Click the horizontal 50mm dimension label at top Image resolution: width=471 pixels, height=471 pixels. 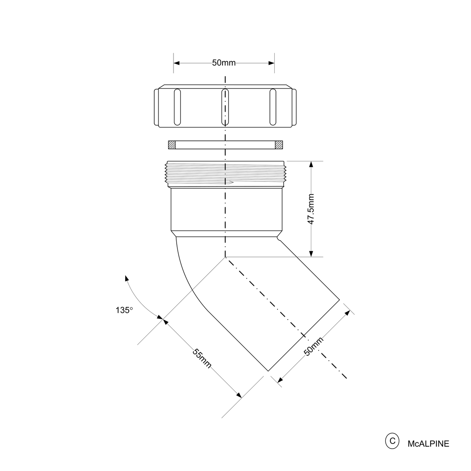[x=224, y=63]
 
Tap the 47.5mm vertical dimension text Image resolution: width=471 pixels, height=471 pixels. [x=311, y=209]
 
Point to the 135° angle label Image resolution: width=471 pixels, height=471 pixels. [x=124, y=310]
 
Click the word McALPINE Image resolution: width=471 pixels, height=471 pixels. [x=428, y=444]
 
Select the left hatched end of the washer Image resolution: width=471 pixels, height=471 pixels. [x=172, y=145]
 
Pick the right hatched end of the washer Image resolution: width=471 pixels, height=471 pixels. [x=279, y=145]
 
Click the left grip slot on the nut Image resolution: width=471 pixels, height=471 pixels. [x=177, y=107]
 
